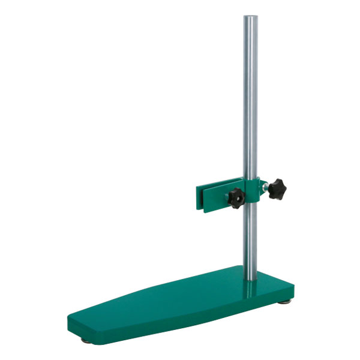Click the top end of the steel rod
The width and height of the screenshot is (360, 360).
pyautogui.click(x=249, y=17)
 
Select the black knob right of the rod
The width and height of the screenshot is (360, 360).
pyautogui.click(x=278, y=189)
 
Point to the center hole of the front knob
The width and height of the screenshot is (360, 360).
pyautogui.click(x=235, y=196)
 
